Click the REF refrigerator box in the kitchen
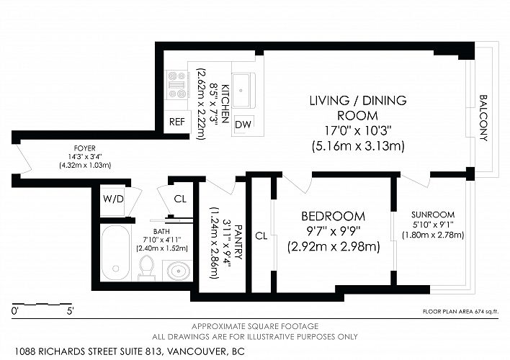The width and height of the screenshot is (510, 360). (x=176, y=122)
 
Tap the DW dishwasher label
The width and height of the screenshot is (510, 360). (x=243, y=125)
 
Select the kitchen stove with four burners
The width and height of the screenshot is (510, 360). (x=176, y=85)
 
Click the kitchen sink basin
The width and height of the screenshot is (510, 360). (x=241, y=90)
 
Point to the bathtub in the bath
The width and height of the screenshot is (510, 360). (x=115, y=252)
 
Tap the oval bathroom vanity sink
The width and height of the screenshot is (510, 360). (x=179, y=270)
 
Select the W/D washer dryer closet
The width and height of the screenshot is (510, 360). (x=113, y=199)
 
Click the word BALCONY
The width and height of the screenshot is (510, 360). (x=483, y=118)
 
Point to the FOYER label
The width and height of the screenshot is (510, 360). (x=84, y=148)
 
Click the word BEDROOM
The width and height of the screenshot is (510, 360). (x=333, y=216)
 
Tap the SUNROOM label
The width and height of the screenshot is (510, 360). (x=433, y=215)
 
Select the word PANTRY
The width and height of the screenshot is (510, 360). (x=238, y=242)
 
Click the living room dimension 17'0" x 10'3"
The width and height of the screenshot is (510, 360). (x=358, y=130)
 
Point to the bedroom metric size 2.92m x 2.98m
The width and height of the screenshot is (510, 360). (x=334, y=247)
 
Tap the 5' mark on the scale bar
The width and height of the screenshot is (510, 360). (x=71, y=311)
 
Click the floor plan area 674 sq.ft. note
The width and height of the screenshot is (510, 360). (x=460, y=312)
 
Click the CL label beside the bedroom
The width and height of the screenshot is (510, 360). (x=261, y=235)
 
